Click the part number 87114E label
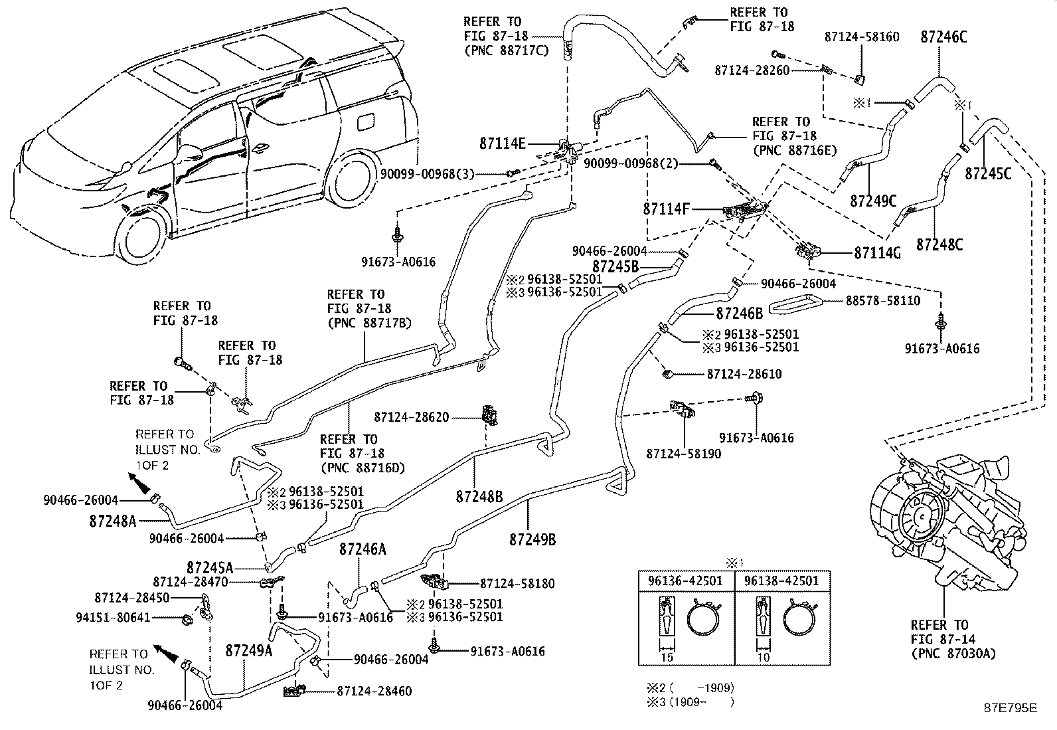pyautogui.click(x=503, y=143)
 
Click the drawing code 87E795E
pyautogui.click(x=1010, y=708)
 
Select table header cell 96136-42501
pyautogui.click(x=686, y=581)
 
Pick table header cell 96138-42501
pyautogui.click(x=782, y=581)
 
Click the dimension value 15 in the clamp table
pyautogui.click(x=667, y=657)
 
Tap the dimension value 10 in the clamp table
pyautogui.click(x=764, y=657)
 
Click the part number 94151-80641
pyautogui.click(x=123, y=618)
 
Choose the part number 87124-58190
pyautogui.click(x=683, y=454)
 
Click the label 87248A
pyautogui.click(x=113, y=521)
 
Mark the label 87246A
pyautogui.click(x=363, y=549)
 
